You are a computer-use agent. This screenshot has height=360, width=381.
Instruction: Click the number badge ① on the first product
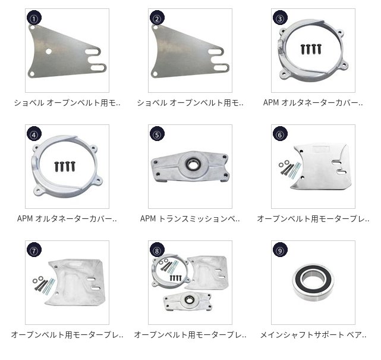click(x=34, y=17)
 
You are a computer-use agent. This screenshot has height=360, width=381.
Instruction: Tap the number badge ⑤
click(x=157, y=133)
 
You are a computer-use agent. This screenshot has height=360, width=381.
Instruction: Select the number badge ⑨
click(x=280, y=250)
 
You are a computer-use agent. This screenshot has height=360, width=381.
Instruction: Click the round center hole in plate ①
click(x=49, y=51)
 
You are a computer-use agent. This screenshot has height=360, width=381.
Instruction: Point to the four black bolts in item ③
click(x=311, y=49)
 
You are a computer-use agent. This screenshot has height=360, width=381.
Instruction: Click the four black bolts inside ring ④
click(x=65, y=167)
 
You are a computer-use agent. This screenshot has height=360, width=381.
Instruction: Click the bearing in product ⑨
click(x=313, y=282)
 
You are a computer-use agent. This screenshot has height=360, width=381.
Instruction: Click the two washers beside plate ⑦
click(x=37, y=279)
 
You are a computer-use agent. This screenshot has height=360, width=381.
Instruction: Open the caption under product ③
click(x=313, y=103)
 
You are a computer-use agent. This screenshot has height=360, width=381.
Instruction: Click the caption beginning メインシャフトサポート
click(x=313, y=334)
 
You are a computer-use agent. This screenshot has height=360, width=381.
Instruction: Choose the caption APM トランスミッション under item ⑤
click(x=190, y=218)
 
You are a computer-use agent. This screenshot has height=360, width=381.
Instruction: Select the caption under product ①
click(x=67, y=103)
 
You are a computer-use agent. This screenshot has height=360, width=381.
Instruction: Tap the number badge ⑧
click(x=157, y=250)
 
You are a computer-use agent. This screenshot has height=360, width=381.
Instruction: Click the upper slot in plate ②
click(x=216, y=52)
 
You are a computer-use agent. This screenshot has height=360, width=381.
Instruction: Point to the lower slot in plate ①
click(x=98, y=67)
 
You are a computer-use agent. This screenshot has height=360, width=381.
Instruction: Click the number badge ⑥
click(x=280, y=133)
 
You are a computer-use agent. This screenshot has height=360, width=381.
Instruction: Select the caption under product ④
click(x=67, y=218)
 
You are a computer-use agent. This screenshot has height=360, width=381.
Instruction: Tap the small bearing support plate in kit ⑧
click(x=188, y=301)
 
